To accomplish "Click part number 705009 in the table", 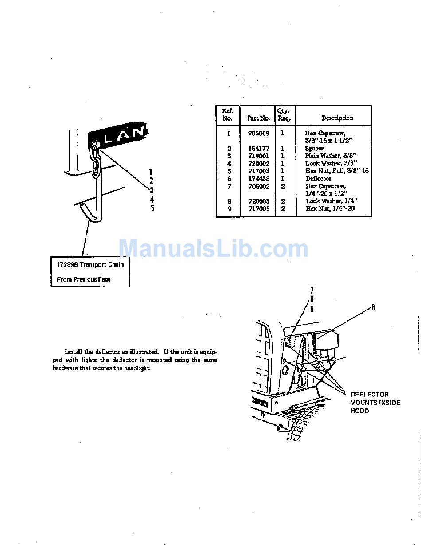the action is [258, 133].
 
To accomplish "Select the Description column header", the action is [337, 118].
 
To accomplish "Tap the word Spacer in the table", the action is [314, 149].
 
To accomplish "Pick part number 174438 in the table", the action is [258, 179].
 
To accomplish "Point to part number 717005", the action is [258, 208].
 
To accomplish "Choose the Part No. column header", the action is [258, 118].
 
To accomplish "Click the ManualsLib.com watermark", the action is [213, 249].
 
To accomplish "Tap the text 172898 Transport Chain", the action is [90, 264].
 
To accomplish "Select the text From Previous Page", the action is [84, 280].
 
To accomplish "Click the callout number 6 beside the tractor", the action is [373, 307].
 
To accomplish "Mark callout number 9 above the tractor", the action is [312, 310].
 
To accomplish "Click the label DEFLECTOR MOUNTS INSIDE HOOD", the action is [375, 402].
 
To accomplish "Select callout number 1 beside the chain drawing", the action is [151, 172].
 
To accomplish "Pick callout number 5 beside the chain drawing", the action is [152, 208].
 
